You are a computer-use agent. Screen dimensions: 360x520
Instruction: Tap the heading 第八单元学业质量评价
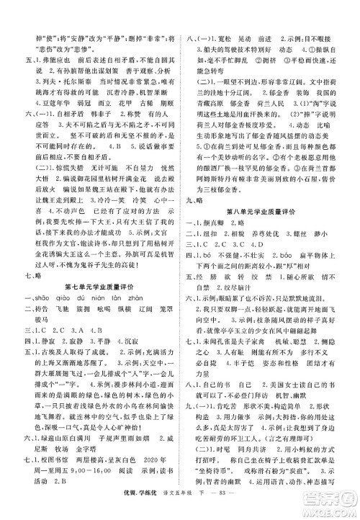click(x=268, y=269)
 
